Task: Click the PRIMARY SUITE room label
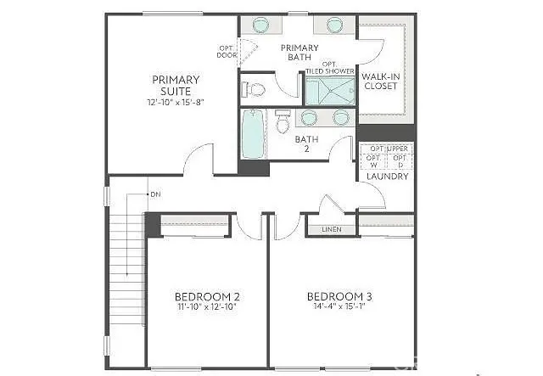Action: point(176,85)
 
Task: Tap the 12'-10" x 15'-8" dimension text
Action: point(176,102)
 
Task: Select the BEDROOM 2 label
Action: point(207,296)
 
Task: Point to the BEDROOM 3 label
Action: point(339,296)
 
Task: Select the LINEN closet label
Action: point(332,230)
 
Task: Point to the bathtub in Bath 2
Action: point(253,134)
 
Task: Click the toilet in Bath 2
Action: point(283,124)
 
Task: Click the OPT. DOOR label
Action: point(227,51)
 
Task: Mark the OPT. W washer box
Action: point(374,161)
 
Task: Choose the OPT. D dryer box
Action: point(401,161)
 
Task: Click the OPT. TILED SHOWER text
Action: point(327,68)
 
